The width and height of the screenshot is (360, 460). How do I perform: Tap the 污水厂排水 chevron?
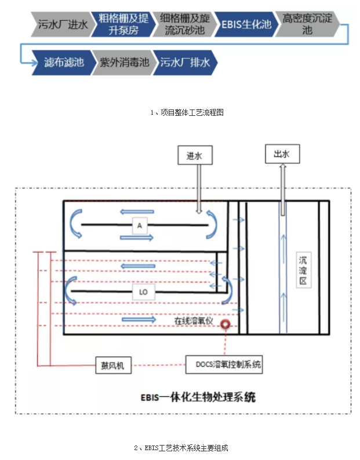click(x=186, y=61)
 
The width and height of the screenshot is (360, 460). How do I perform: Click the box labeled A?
click(x=139, y=224)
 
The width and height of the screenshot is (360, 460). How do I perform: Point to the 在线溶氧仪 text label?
click(x=194, y=320)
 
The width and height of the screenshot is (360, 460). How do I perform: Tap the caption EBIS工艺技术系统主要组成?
click(x=181, y=448)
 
